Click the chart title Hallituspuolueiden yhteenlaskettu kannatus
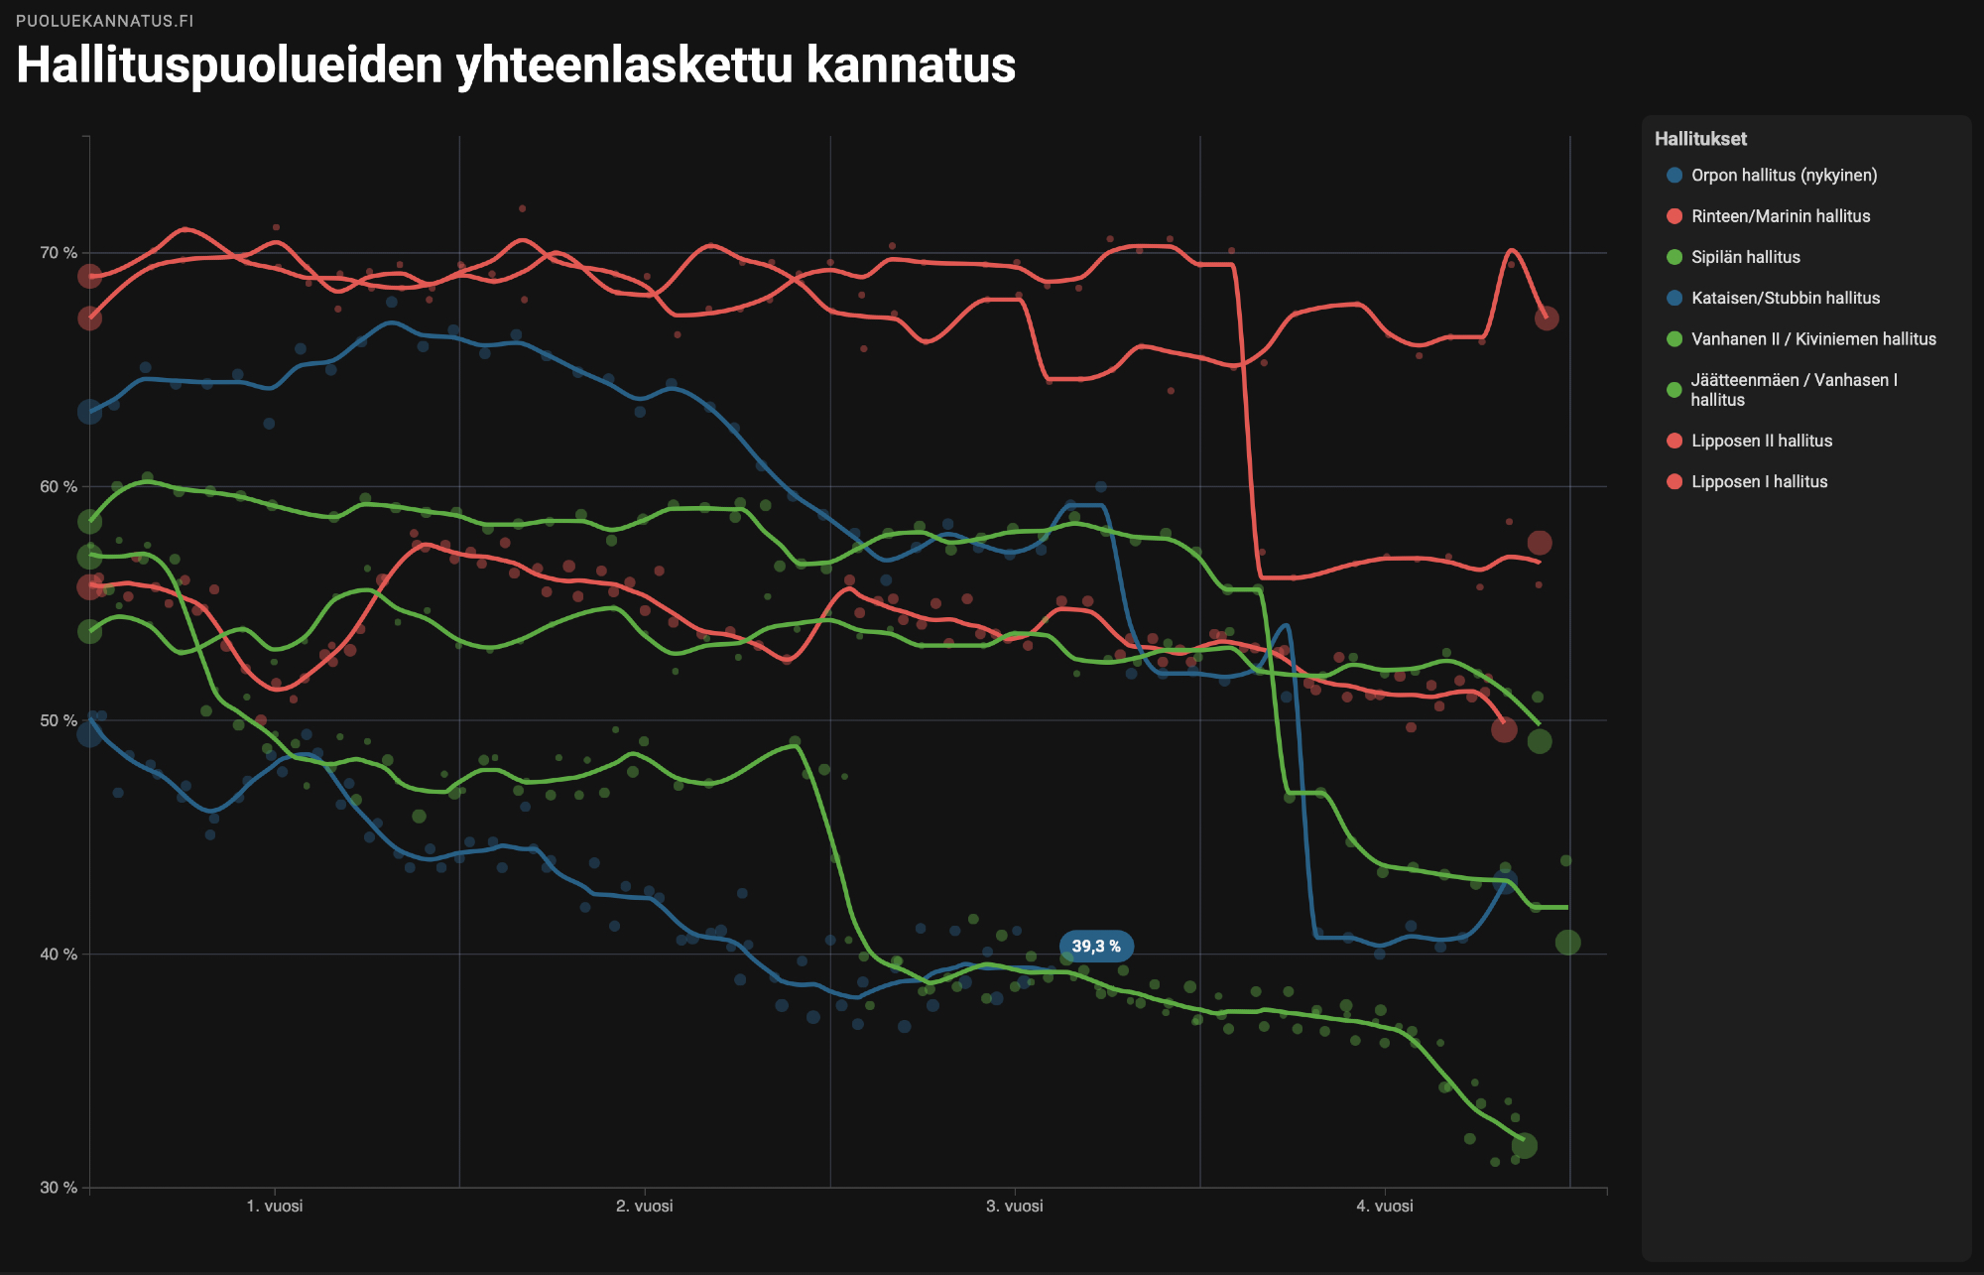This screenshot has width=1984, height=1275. pos(516,65)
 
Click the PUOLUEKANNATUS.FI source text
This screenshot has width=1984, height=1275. pos(105,21)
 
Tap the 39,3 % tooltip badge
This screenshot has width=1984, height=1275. pos(1096,947)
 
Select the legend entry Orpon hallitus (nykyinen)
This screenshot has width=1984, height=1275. pos(1784,176)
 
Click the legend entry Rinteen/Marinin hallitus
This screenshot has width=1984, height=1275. pos(1780,216)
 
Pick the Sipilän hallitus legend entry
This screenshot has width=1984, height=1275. pos(1745,257)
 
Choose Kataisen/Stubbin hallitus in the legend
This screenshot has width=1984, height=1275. pos(1785,298)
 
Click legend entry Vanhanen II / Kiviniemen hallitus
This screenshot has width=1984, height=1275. pos(1812,339)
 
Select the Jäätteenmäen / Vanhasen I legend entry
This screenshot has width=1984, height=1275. pos(1793,390)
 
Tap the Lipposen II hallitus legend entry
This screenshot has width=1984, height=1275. pos(1761,441)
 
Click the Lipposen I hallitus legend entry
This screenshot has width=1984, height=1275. pos(1759,481)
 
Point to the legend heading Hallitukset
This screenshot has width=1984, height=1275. pos(1700,139)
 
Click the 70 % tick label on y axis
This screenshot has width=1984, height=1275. pos(59,253)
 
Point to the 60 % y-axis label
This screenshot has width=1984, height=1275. pos(59,486)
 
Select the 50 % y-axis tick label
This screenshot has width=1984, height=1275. pos(59,720)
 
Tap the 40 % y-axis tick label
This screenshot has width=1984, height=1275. pos(59,954)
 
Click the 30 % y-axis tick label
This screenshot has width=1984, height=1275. pos(59,1188)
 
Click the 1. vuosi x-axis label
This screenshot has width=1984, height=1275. pos(275,1206)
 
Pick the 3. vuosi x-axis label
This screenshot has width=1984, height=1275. pos(1015,1206)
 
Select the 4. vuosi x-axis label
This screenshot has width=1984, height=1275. pos(1385,1206)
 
